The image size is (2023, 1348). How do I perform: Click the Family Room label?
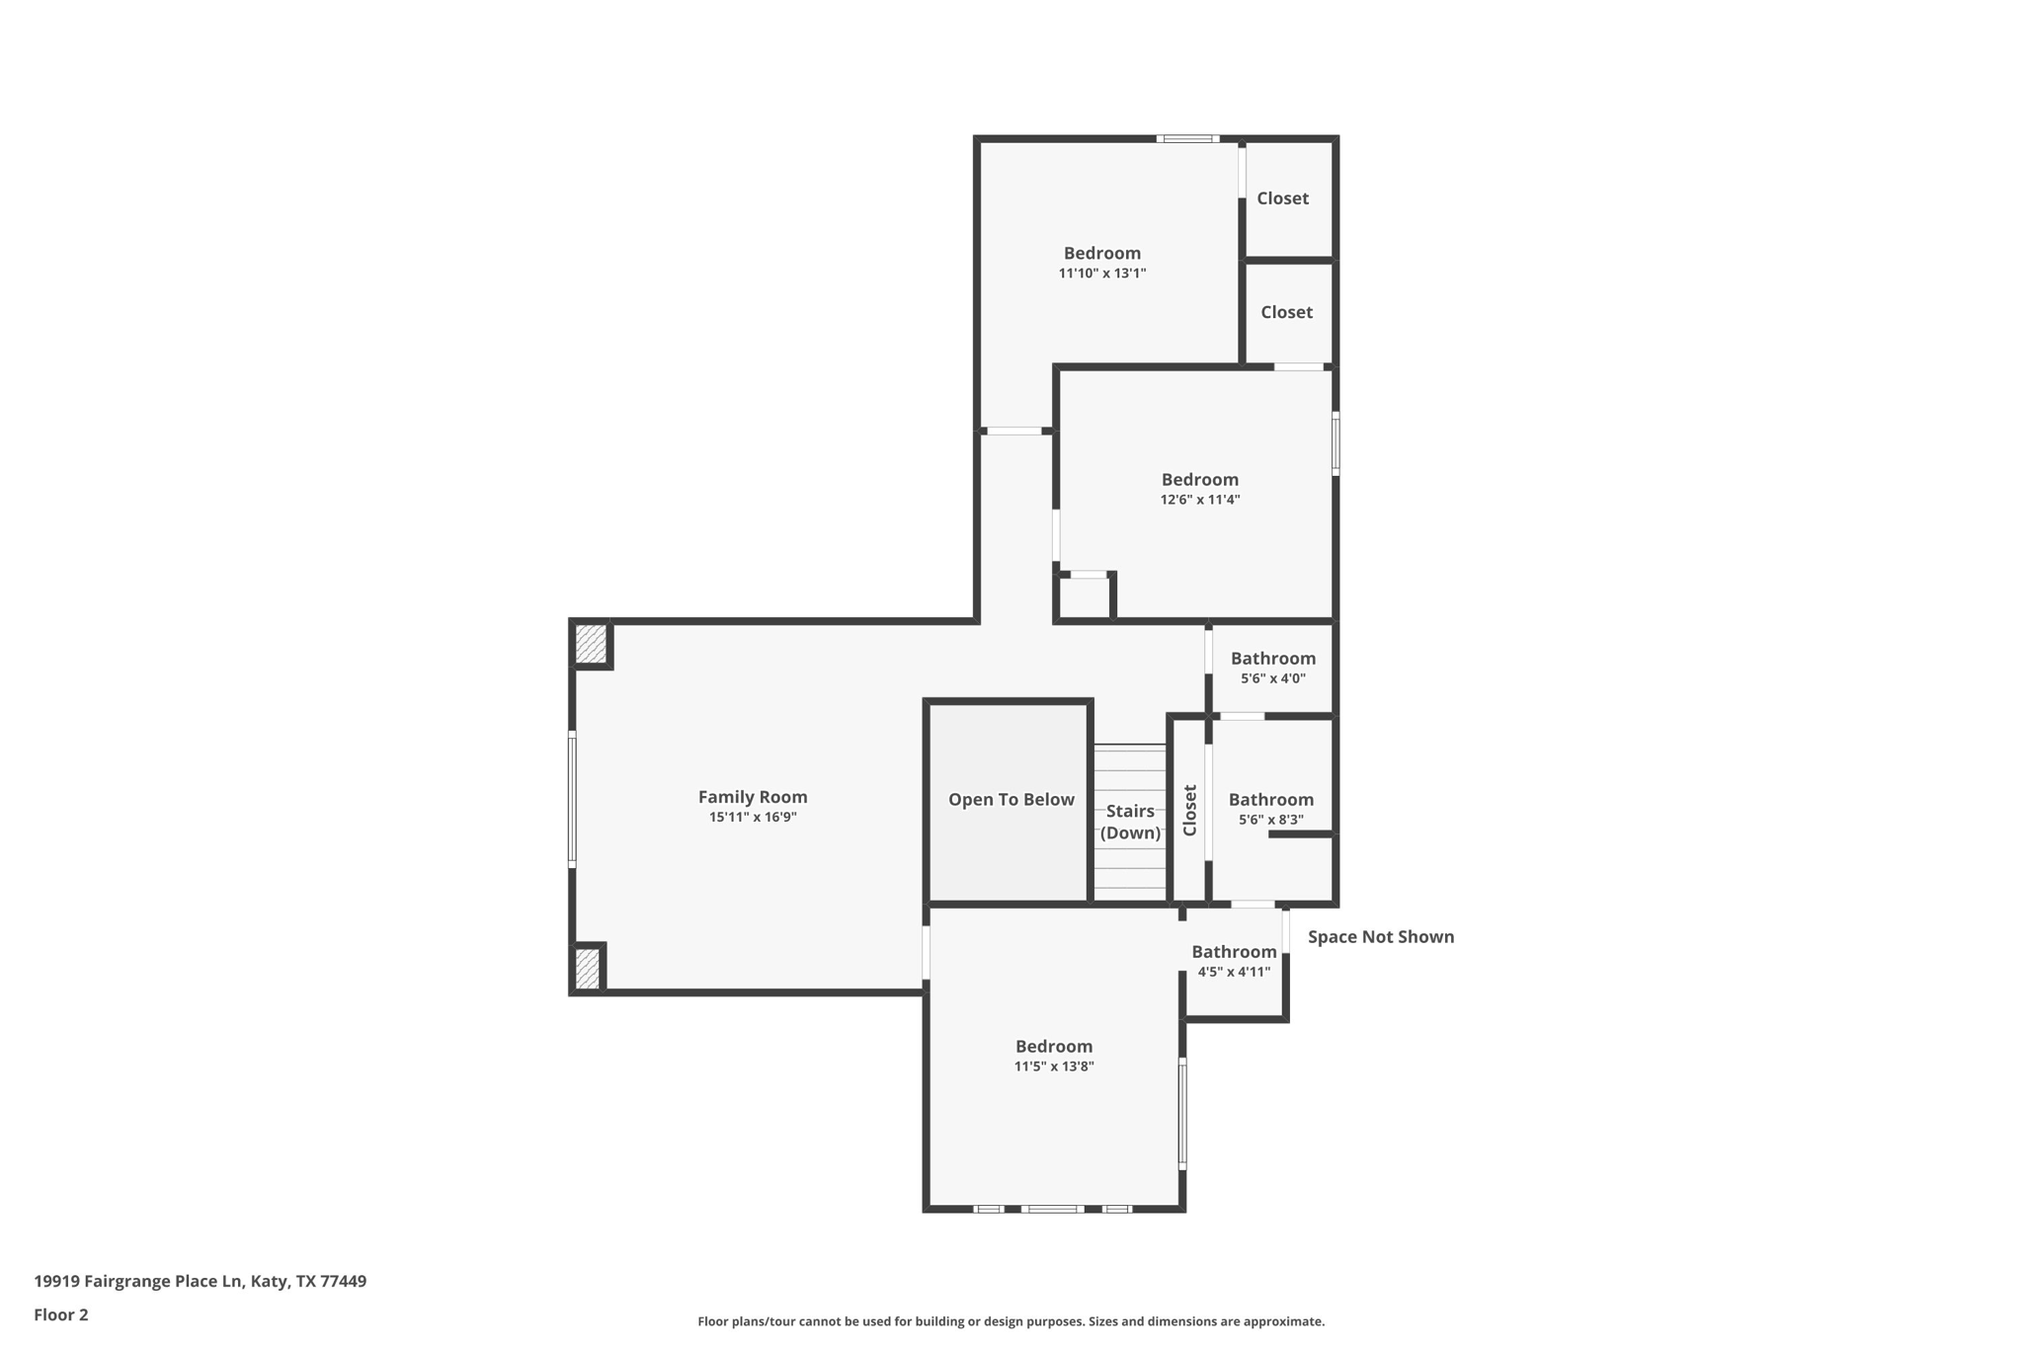(x=753, y=797)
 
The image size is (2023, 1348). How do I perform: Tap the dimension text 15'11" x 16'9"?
(x=753, y=818)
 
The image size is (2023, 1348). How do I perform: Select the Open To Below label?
(x=1011, y=800)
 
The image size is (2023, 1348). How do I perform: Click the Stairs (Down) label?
(x=1130, y=822)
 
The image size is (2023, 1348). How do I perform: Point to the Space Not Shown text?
(x=1380, y=937)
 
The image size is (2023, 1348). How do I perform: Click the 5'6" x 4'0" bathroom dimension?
(x=1273, y=678)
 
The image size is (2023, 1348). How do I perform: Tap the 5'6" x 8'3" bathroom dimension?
(x=1271, y=820)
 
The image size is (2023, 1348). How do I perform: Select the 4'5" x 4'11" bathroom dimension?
(x=1234, y=972)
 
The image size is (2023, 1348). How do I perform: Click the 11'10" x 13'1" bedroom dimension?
(x=1102, y=274)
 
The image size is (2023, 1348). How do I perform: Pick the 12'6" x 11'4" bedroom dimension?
(x=1199, y=500)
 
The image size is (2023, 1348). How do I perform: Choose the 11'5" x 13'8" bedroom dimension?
(x=1054, y=1067)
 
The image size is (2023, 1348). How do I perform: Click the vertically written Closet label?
(x=1190, y=810)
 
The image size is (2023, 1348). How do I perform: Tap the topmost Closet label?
(x=1282, y=198)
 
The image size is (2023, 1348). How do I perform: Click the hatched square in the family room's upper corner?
(x=591, y=644)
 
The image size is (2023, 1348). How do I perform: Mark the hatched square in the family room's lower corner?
(x=587, y=968)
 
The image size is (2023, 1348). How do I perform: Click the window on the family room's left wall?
(x=572, y=799)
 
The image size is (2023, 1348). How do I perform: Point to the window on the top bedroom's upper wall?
(x=1187, y=139)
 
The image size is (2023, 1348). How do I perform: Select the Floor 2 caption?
(x=61, y=1315)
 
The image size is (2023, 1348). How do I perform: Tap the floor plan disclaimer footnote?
(x=1011, y=1321)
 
